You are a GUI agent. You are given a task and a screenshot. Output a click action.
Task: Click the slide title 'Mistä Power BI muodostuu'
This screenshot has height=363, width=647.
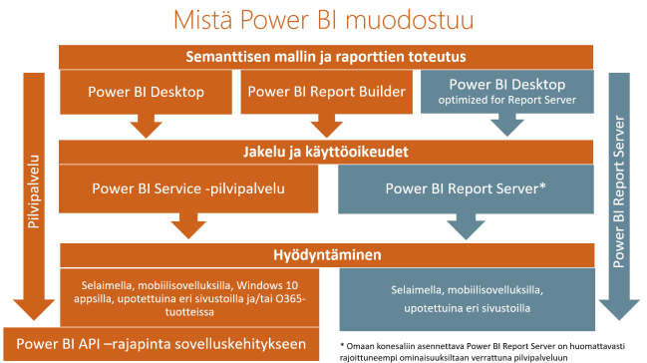tap(321, 19)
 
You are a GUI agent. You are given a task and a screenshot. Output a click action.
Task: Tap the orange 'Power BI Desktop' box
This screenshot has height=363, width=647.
tap(147, 93)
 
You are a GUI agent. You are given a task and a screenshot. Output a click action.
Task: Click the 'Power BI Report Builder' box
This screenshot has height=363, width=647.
tap(325, 93)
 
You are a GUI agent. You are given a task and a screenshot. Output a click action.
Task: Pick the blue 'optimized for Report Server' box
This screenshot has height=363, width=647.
tap(506, 92)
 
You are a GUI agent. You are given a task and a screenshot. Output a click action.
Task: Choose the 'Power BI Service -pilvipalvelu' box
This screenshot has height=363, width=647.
tap(189, 188)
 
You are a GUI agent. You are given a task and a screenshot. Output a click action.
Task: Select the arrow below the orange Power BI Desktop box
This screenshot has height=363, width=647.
tap(148, 126)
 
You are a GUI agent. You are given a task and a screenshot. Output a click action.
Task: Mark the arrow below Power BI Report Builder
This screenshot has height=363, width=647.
tap(326, 126)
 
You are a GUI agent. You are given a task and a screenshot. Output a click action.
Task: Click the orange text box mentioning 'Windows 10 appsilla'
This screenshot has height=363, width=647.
tap(189, 294)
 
